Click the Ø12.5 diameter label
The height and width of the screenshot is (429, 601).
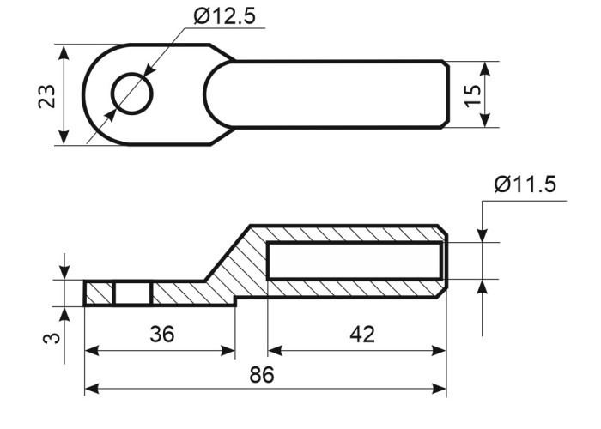point(224,16)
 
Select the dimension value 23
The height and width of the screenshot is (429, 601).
point(46,96)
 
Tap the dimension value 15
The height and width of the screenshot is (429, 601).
point(472,95)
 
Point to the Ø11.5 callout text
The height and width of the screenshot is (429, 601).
point(525,184)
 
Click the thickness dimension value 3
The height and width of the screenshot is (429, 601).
point(51,338)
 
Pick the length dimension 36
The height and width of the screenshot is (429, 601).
point(161,334)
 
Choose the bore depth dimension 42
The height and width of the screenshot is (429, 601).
point(362,334)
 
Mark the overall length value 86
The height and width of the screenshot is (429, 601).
point(262,375)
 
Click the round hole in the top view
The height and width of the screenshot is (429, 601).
point(132,94)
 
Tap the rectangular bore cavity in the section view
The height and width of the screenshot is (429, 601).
point(355,261)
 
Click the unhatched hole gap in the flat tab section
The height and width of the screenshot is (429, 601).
point(133,294)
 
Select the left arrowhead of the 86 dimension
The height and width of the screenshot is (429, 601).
point(92,389)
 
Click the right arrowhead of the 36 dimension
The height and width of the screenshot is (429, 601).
point(228,350)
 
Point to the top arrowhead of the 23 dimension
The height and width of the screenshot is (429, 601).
point(64,52)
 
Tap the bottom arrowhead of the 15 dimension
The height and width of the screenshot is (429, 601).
point(485,120)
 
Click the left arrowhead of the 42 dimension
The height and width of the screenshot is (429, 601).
point(276,350)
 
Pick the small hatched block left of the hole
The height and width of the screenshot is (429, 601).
point(99,294)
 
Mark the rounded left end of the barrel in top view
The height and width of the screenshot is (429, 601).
point(215,94)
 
